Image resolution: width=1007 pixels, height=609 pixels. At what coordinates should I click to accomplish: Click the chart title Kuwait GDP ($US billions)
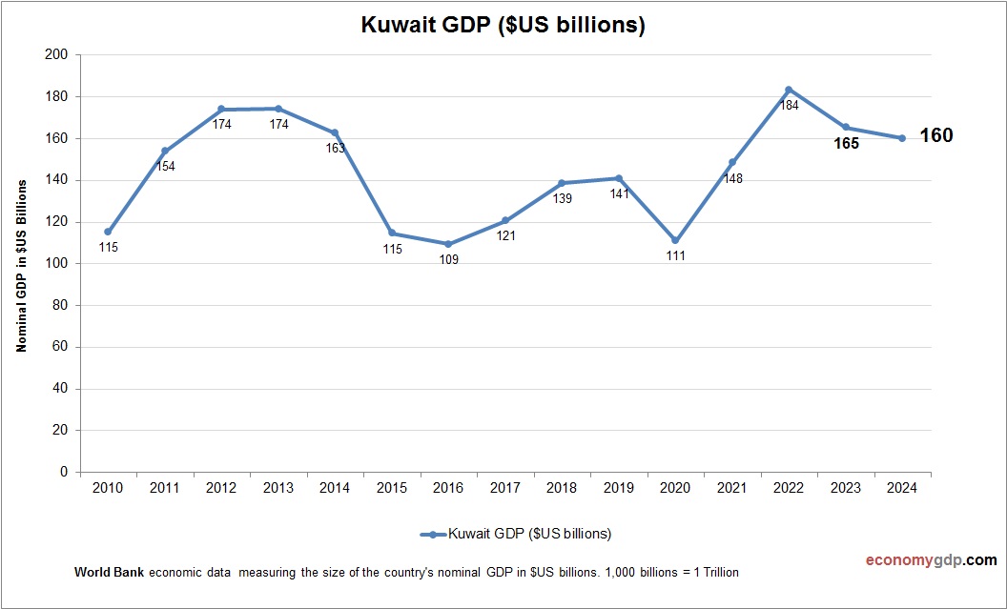503,26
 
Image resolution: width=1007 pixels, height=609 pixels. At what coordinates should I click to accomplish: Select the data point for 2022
789,90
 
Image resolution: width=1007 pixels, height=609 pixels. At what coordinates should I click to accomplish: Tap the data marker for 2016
448,244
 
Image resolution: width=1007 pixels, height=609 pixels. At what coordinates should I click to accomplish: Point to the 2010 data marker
108,232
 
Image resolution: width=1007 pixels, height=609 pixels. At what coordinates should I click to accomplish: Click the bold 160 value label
935,136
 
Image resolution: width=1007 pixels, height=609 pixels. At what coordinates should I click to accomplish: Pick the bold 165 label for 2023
845,144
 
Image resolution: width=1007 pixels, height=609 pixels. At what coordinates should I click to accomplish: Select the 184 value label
790,106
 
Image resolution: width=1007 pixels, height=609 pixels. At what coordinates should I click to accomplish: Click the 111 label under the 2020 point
676,256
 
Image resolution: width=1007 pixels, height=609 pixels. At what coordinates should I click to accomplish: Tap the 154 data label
165,167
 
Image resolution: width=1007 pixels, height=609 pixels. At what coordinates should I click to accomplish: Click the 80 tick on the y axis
61,305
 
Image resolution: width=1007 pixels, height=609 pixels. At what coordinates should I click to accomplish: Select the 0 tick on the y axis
65,472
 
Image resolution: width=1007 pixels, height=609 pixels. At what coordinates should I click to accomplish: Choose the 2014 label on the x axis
335,488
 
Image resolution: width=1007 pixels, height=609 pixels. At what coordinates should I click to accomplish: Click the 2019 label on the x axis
618,488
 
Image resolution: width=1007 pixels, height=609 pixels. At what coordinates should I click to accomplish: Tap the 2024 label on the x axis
901,488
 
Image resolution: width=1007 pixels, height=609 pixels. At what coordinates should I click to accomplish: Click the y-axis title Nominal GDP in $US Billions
22,264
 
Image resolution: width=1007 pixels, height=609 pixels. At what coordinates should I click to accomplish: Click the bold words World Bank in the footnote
109,573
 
